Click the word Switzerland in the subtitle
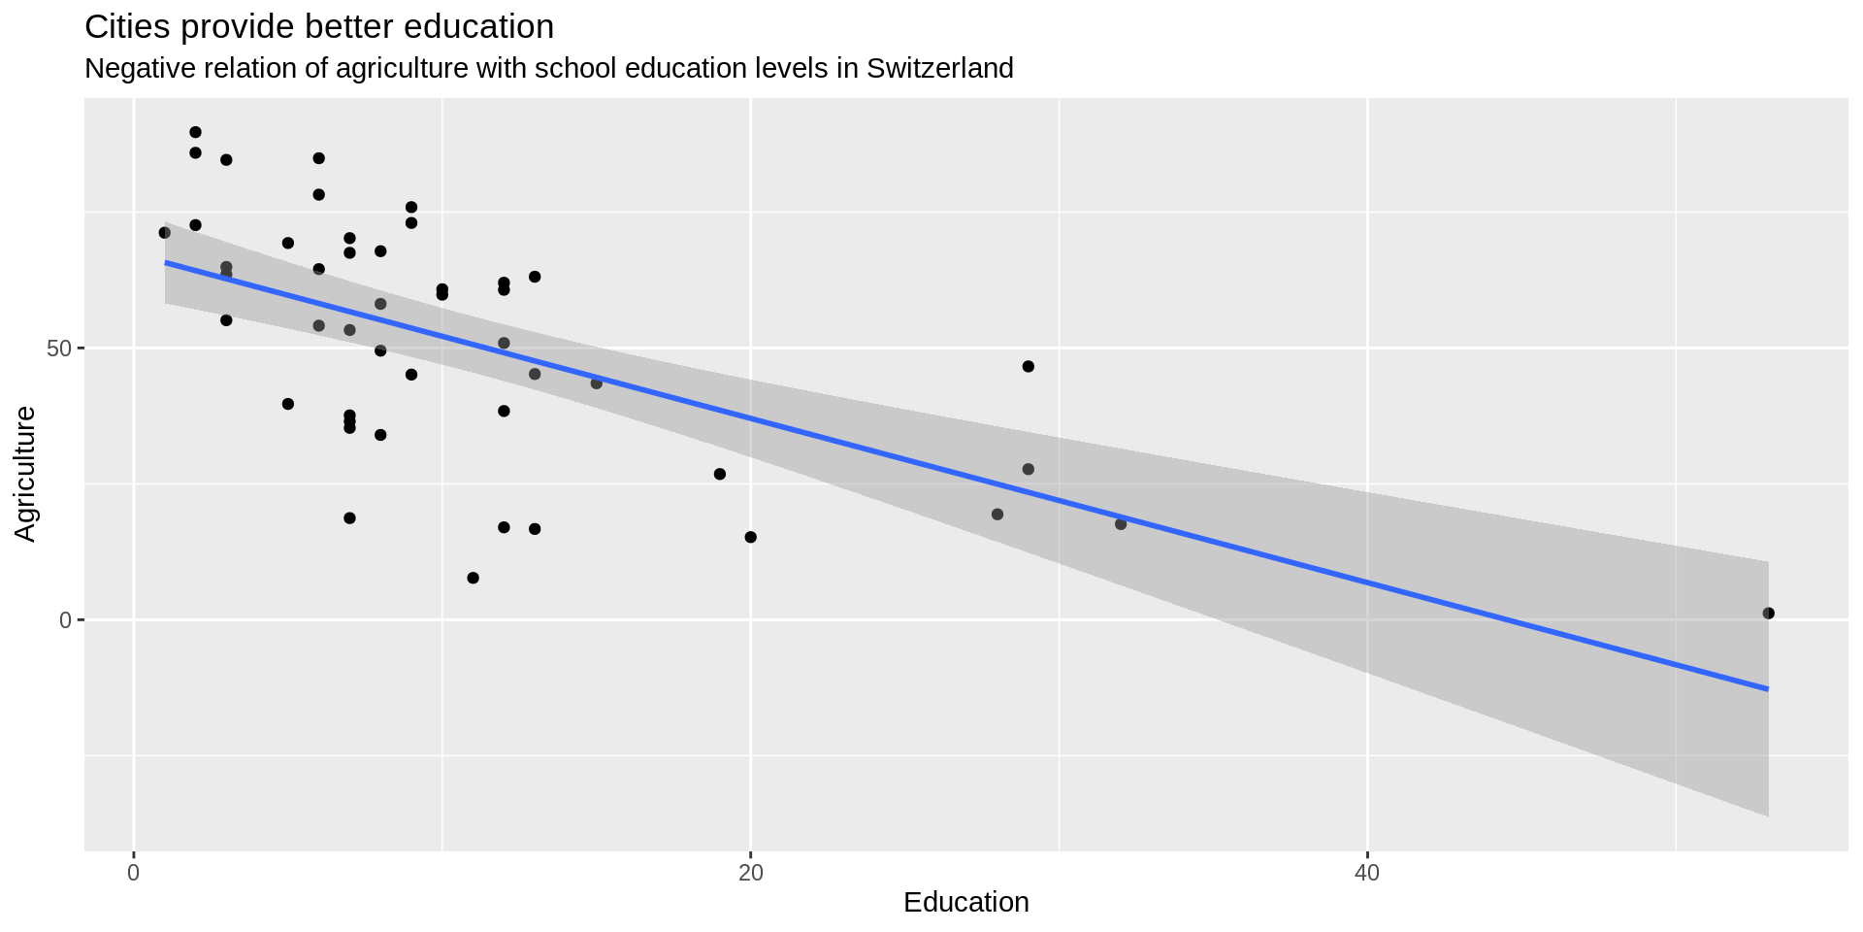point(939,69)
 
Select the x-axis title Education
point(965,903)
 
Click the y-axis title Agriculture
point(26,474)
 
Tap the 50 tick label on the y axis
point(59,349)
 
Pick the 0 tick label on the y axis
point(66,619)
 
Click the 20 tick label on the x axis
point(750,873)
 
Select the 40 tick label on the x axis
point(1366,873)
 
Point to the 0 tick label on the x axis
point(134,873)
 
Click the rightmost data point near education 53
point(1768,614)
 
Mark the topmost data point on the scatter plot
point(195,132)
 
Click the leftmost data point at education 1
point(165,233)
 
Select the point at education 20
point(750,537)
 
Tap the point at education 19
point(720,474)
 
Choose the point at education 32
point(1121,524)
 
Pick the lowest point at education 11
point(474,578)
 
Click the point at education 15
point(597,383)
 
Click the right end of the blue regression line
point(1767,689)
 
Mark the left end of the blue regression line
point(166,262)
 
